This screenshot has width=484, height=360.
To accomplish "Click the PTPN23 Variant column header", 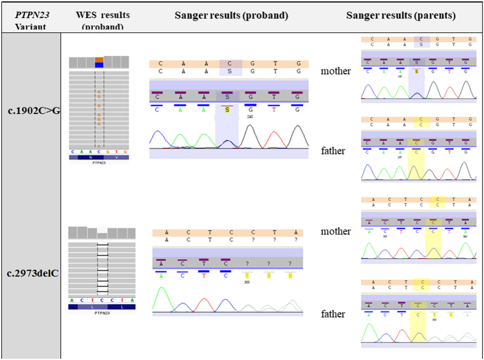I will pyautogui.click(x=30, y=20).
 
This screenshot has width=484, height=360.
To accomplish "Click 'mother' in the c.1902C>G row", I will pyautogui.click(x=336, y=71).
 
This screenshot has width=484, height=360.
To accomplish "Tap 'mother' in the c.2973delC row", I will pyautogui.click(x=336, y=231).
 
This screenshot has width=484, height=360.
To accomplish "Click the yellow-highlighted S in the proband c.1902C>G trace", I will pyautogui.click(x=227, y=110).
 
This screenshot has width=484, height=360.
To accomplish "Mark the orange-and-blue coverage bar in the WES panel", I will pyautogui.click(x=99, y=62).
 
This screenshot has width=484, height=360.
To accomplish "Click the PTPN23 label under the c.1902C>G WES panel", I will pyautogui.click(x=99, y=164).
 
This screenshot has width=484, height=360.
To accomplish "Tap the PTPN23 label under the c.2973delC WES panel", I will pyautogui.click(x=99, y=314).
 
